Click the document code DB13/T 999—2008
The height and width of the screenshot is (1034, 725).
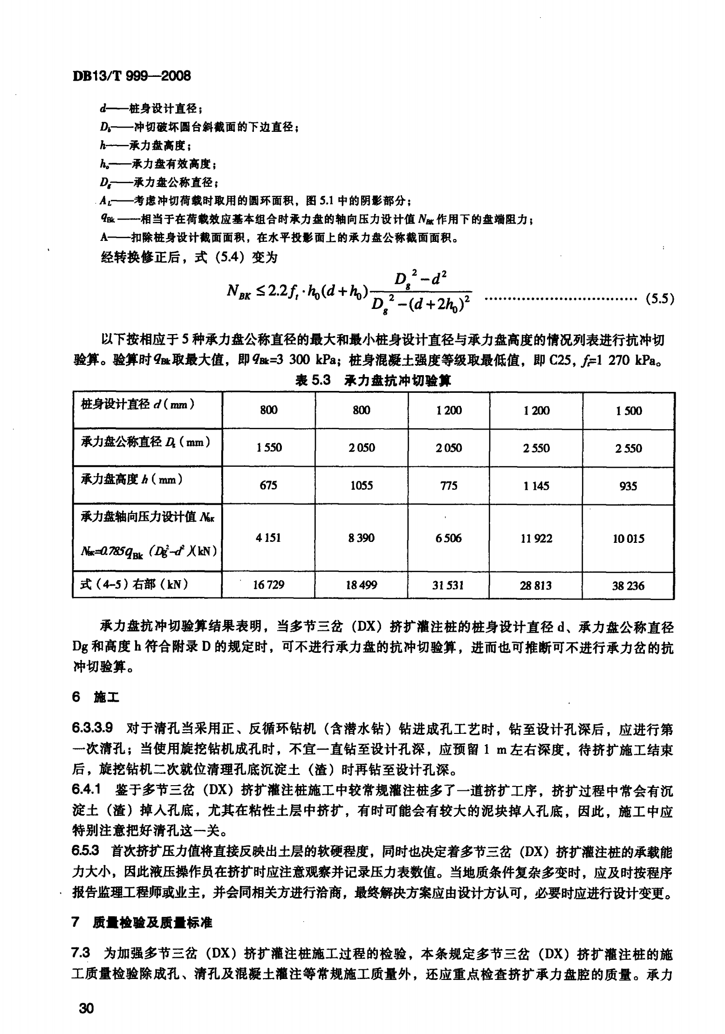pyautogui.click(x=132, y=76)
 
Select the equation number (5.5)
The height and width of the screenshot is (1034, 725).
pyautogui.click(x=659, y=299)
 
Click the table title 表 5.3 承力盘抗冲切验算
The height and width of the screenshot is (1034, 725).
pyautogui.click(x=373, y=381)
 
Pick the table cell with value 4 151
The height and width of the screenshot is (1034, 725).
pyautogui.click(x=268, y=538)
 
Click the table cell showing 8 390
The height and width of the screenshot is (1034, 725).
pyautogui.click(x=362, y=538)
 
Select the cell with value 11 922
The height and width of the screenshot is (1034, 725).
pyautogui.click(x=536, y=539)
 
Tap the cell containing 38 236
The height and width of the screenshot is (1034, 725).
pyautogui.click(x=628, y=586)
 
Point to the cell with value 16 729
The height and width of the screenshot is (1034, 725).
pyautogui.click(x=268, y=585)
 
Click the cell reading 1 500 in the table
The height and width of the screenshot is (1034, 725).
pyautogui.click(x=629, y=411)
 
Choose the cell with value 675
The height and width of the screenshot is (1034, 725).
pyautogui.click(x=268, y=486)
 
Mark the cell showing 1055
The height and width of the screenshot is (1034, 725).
pyautogui.click(x=362, y=486)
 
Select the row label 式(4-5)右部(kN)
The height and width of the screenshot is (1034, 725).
pyautogui.click(x=134, y=584)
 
